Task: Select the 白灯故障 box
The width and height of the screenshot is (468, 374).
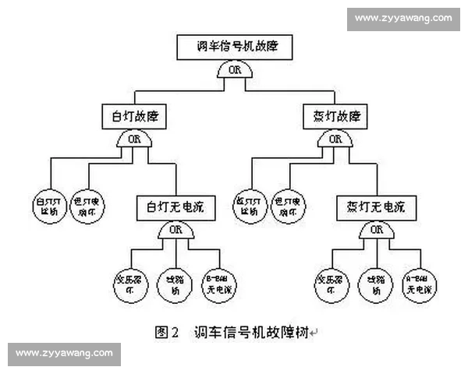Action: (133, 117)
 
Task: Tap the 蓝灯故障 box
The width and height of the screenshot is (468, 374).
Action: (334, 117)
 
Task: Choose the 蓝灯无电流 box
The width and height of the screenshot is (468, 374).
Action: (377, 207)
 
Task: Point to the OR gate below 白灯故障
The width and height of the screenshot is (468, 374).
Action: (133, 139)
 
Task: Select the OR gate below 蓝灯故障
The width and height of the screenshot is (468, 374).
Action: (334, 139)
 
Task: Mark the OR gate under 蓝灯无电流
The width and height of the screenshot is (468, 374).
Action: (377, 231)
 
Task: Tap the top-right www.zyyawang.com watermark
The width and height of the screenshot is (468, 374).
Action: (402, 17)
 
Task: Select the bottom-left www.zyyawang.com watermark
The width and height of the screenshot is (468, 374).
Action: (64, 354)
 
